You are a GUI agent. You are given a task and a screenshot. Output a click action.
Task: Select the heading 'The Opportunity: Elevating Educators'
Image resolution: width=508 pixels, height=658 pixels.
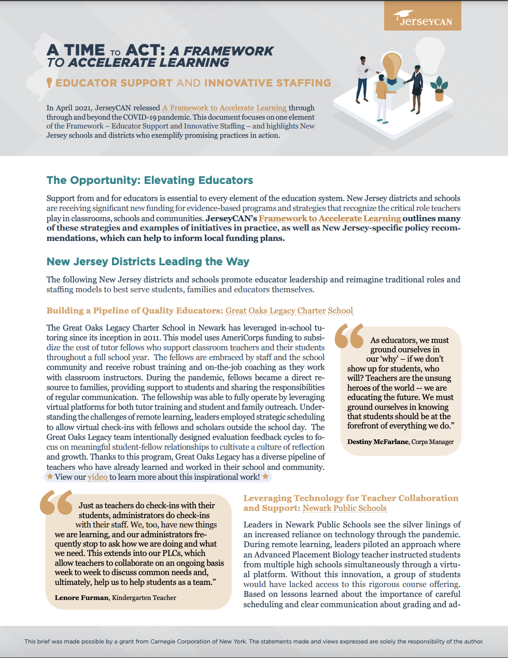coord(150,180)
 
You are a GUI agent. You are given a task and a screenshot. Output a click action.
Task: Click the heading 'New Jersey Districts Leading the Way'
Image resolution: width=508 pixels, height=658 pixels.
coord(148,262)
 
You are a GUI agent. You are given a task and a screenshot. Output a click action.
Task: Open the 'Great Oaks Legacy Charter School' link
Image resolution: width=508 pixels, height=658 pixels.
coord(289,311)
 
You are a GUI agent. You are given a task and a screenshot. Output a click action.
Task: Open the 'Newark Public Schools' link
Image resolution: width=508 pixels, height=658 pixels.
coord(345,508)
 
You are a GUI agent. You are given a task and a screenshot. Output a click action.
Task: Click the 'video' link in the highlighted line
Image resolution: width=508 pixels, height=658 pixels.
coord(97,477)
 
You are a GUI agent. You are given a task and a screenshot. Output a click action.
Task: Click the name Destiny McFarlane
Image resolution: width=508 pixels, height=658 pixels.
coord(378,442)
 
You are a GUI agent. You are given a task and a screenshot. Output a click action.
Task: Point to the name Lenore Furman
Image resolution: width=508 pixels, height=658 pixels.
coord(81,598)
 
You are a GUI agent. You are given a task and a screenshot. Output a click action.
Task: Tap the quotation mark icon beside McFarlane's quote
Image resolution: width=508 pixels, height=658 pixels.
coord(349,336)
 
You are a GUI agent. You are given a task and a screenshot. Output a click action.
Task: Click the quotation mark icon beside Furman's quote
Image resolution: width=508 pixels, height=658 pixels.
coord(56,503)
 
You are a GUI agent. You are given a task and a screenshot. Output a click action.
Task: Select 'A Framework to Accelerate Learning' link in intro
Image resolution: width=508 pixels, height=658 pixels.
coord(224,108)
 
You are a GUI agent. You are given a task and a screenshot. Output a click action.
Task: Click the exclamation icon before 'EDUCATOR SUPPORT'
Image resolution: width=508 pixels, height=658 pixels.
coord(49,83)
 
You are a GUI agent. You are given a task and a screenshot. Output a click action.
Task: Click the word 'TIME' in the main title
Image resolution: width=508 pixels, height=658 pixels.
coord(84,50)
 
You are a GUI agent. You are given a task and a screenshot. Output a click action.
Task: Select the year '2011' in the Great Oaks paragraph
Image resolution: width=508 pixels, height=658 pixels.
coord(208,338)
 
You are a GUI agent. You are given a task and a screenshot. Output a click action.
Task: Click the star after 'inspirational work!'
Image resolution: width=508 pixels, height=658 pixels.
coord(265,477)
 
